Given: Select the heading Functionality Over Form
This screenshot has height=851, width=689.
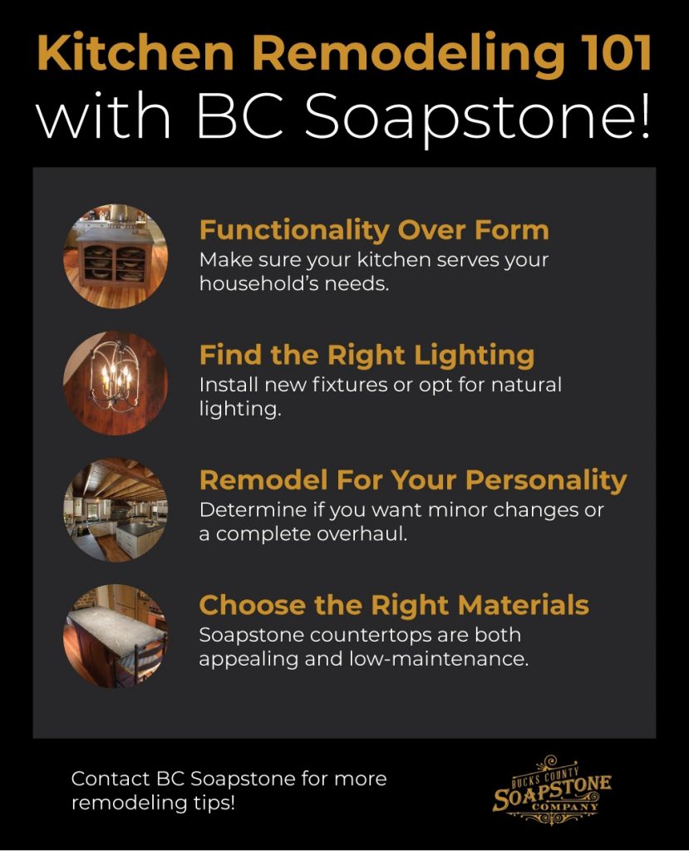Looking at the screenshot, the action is coord(374,229).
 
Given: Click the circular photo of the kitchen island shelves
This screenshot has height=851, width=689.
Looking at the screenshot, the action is coord(116,257).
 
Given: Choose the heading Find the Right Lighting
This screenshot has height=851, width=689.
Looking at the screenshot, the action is coord(367,356).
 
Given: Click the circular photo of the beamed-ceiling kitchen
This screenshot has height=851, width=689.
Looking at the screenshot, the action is coord(116,509).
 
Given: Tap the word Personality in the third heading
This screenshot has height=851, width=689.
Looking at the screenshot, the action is coord(546,481).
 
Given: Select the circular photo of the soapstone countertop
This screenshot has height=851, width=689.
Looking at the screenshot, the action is coord(116,636).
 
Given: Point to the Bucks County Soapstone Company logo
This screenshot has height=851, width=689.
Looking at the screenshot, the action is coord(552,790).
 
